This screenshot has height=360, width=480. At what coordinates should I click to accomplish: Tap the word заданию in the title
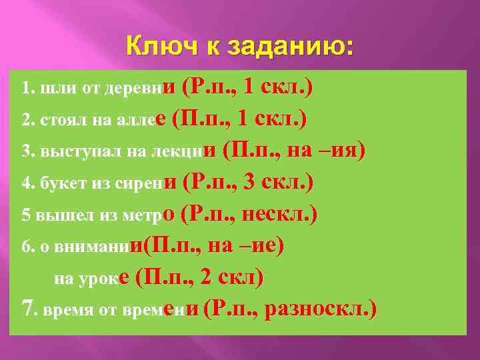pyautogui.click(x=289, y=47)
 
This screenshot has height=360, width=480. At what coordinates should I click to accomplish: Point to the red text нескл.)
pyautogui.click(x=279, y=215)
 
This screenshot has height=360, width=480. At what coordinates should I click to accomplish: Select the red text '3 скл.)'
pyautogui.click(x=280, y=183)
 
